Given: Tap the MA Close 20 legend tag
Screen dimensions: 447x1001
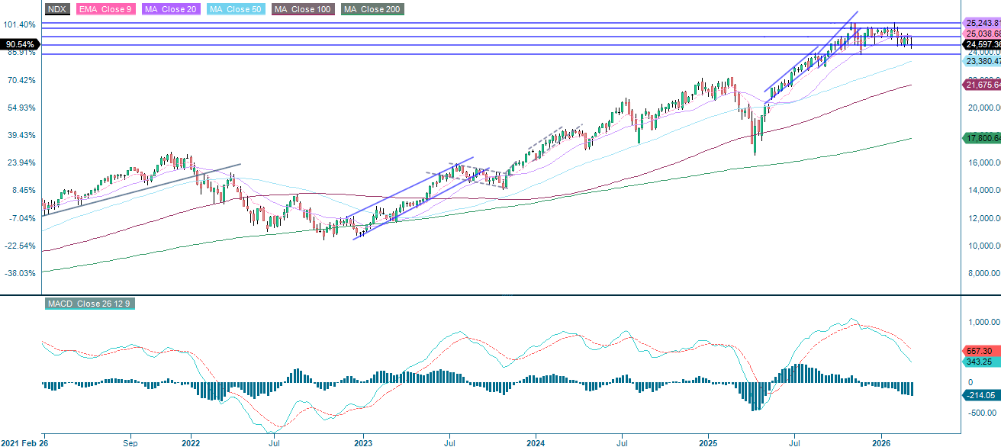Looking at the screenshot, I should (169, 9).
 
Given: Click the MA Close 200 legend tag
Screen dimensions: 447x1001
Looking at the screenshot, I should (372, 9).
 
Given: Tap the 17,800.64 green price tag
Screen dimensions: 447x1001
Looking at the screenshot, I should (981, 138).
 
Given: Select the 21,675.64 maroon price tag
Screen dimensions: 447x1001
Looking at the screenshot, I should (981, 85).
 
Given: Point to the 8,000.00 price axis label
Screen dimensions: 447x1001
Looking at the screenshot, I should (983, 273).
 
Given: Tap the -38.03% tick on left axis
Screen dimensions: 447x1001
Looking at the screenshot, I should (21, 273).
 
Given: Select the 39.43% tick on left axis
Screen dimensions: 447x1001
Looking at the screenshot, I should (21, 135).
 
